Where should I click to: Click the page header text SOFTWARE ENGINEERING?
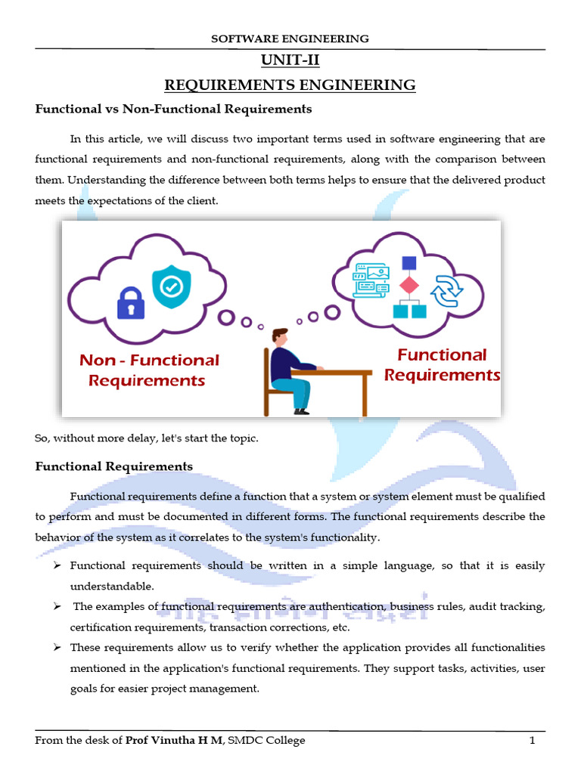pyautogui.click(x=290, y=38)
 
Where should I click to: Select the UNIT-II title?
pyautogui.click(x=290, y=61)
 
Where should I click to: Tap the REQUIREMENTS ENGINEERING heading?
pyautogui.click(x=290, y=85)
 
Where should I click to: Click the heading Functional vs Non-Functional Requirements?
pyautogui.click(x=173, y=109)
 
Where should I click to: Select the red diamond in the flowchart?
pyautogui.click(x=409, y=286)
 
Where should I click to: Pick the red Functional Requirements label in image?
pyautogui.click(x=442, y=365)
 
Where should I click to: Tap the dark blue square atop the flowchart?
pyautogui.click(x=409, y=263)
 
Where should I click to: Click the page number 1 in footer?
pyautogui.click(x=532, y=740)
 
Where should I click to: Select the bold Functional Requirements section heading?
pyautogui.click(x=113, y=466)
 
